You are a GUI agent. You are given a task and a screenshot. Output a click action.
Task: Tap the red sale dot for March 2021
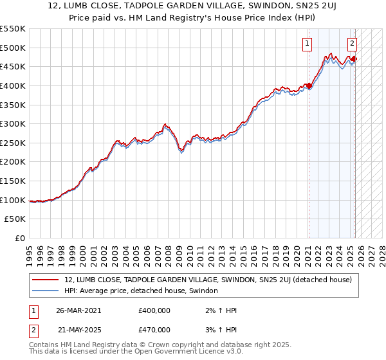click(309, 85)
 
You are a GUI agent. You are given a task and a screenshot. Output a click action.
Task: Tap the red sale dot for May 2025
click(354, 59)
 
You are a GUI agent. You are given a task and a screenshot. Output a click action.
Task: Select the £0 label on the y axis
click(20, 238)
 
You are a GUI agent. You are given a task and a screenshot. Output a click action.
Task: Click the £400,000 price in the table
click(154, 310)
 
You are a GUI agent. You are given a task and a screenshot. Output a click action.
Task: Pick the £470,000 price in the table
click(154, 330)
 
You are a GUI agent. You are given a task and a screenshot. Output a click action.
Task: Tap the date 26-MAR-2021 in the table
click(78, 310)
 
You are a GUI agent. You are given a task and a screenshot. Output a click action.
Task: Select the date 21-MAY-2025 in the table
click(78, 330)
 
